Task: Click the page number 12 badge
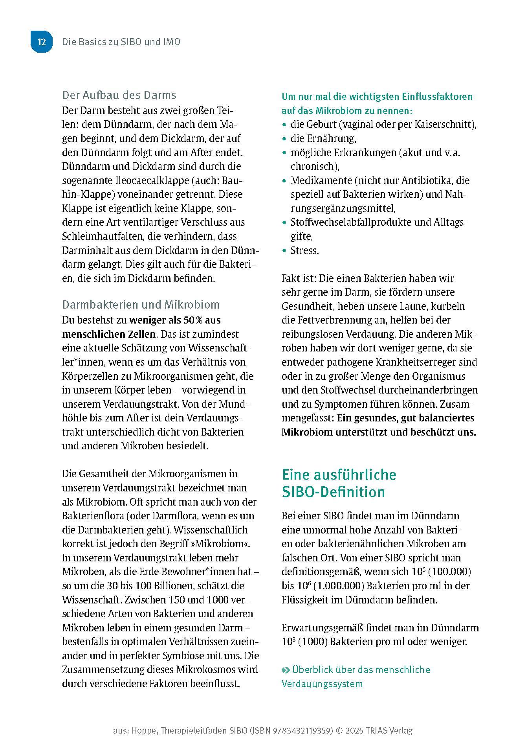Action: pyautogui.click(x=42, y=42)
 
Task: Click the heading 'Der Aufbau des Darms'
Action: pyautogui.click(x=119, y=95)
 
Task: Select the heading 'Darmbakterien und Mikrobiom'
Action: pyautogui.click(x=141, y=305)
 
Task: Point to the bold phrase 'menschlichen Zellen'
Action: pyautogui.click(x=109, y=334)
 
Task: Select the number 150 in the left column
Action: pyautogui.click(x=176, y=600)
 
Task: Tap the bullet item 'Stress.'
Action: pyautogui.click(x=304, y=250)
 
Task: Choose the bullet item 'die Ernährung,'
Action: pyautogui.click(x=323, y=138)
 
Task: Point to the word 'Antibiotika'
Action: pyautogui.click(x=424, y=180)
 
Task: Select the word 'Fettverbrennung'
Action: pyautogui.click(x=332, y=320)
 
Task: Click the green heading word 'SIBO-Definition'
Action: pyautogui.click(x=333, y=492)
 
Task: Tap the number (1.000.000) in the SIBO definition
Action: pyautogui.click(x=339, y=586)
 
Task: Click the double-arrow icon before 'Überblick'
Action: pyautogui.click(x=286, y=670)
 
